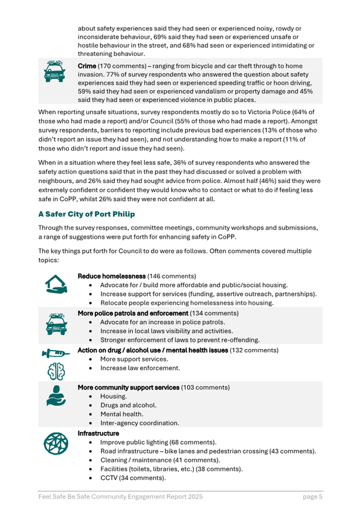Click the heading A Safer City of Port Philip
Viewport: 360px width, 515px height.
point(94,215)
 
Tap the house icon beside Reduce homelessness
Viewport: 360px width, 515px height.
point(55,286)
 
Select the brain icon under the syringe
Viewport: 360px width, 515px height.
point(55,373)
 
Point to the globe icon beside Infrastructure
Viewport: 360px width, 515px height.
point(55,444)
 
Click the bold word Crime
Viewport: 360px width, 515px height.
point(89,67)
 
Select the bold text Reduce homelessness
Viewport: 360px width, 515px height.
point(111,277)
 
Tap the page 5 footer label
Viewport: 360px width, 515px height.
point(312,497)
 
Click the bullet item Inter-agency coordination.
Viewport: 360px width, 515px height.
point(140,423)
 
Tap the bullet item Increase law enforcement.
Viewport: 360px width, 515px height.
point(140,368)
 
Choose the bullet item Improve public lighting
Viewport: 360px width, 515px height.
point(158,442)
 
